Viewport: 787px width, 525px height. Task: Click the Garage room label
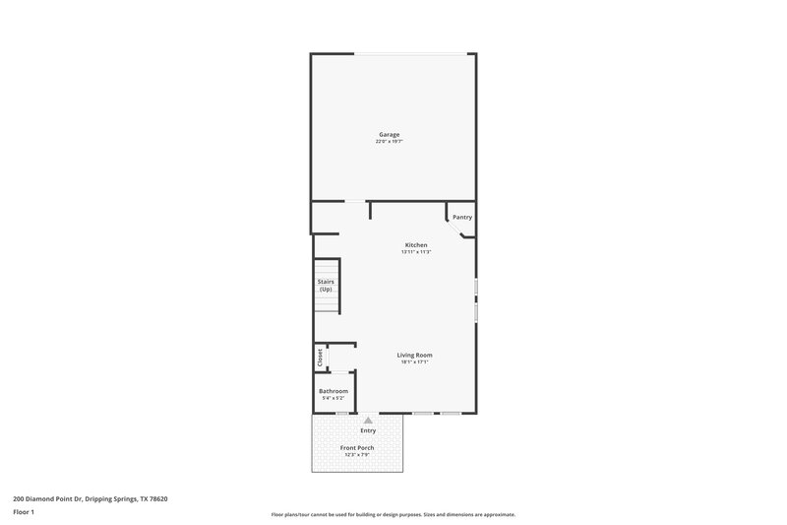[x=390, y=134]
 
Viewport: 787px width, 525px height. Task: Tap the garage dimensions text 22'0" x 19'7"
[x=390, y=142]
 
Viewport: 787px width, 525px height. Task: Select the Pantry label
[x=462, y=217]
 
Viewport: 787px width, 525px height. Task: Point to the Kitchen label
[x=416, y=244]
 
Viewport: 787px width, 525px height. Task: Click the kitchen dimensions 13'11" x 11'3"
[x=416, y=252]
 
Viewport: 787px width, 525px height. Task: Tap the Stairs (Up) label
[x=325, y=285]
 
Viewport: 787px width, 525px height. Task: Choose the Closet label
[x=320, y=358]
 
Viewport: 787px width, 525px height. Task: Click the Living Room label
[x=414, y=355]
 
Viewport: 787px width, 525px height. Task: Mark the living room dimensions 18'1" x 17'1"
[x=414, y=362]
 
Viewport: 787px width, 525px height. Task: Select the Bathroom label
[x=333, y=391]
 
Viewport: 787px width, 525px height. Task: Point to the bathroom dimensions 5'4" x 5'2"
[x=333, y=399]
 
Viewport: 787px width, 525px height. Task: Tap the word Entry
[x=368, y=430]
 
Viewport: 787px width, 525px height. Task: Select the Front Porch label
[x=357, y=447]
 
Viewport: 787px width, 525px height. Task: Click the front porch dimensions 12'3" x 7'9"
[x=357, y=455]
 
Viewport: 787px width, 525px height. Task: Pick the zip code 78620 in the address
[x=158, y=498]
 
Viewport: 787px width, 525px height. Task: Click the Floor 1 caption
[x=24, y=513]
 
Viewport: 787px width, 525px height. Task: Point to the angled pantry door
[x=454, y=229]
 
